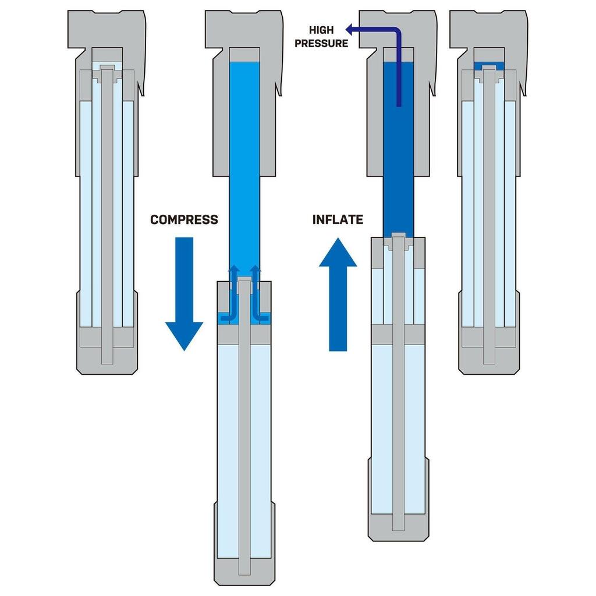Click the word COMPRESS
[184, 219]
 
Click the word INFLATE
[338, 219]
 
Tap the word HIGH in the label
[321, 30]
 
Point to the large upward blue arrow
[338, 291]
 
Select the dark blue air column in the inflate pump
[399, 175]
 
